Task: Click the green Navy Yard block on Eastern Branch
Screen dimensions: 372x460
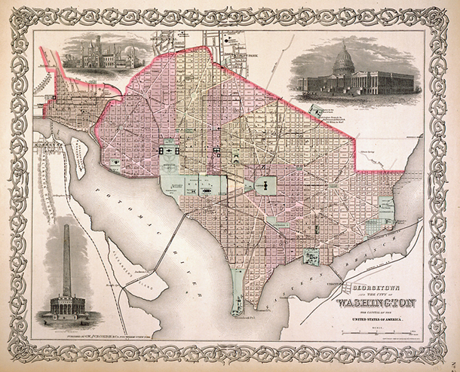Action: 311,257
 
